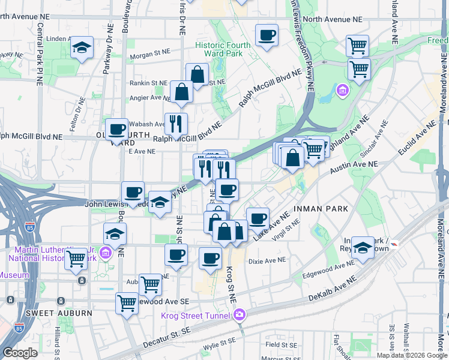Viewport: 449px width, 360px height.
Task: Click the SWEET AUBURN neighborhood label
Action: coord(59,313)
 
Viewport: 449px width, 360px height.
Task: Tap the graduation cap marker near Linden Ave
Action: coord(81,49)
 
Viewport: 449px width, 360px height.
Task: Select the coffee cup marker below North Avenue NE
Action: coord(267,35)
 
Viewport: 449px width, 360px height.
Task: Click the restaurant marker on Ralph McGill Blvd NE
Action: coord(176,124)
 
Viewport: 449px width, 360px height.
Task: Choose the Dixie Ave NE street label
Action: coord(267,260)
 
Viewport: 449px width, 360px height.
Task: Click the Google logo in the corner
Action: coord(20,353)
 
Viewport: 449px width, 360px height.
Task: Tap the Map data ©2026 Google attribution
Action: coord(412,355)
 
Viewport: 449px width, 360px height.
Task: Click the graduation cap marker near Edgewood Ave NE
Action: coord(363,247)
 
